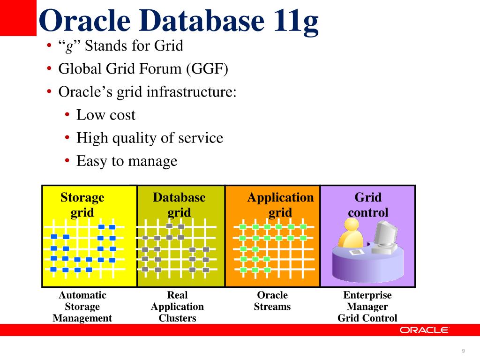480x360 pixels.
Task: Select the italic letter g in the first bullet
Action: (x=68, y=47)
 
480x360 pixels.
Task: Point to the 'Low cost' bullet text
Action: (x=106, y=115)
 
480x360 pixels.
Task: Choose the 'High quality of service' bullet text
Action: (x=150, y=138)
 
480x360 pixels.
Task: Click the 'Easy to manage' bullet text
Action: (x=127, y=161)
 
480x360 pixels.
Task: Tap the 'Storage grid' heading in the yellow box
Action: (x=82, y=205)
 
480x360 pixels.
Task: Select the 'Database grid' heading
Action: (x=179, y=205)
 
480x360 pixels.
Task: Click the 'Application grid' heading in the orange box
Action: (x=280, y=205)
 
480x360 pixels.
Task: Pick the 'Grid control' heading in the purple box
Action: (x=368, y=205)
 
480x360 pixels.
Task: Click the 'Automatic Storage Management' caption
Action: (x=82, y=307)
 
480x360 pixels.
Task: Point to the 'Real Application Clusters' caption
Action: (x=177, y=307)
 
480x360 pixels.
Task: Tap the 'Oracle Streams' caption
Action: (x=272, y=301)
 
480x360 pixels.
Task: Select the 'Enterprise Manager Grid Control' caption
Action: (x=367, y=307)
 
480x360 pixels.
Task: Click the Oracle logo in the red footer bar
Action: (x=424, y=330)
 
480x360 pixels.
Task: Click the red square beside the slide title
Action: (x=18, y=18)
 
